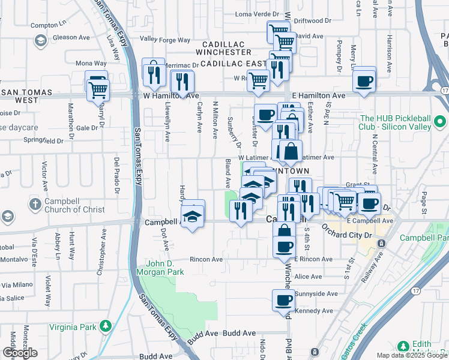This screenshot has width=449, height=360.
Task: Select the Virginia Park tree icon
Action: point(106,326)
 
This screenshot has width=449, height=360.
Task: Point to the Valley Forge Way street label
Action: point(164,40)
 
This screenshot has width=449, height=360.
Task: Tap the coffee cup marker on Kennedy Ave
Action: point(284,301)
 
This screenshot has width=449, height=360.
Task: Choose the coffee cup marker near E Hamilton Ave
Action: point(364,80)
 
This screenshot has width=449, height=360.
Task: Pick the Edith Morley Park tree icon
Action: point(403,347)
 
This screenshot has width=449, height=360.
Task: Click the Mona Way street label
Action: point(91,63)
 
